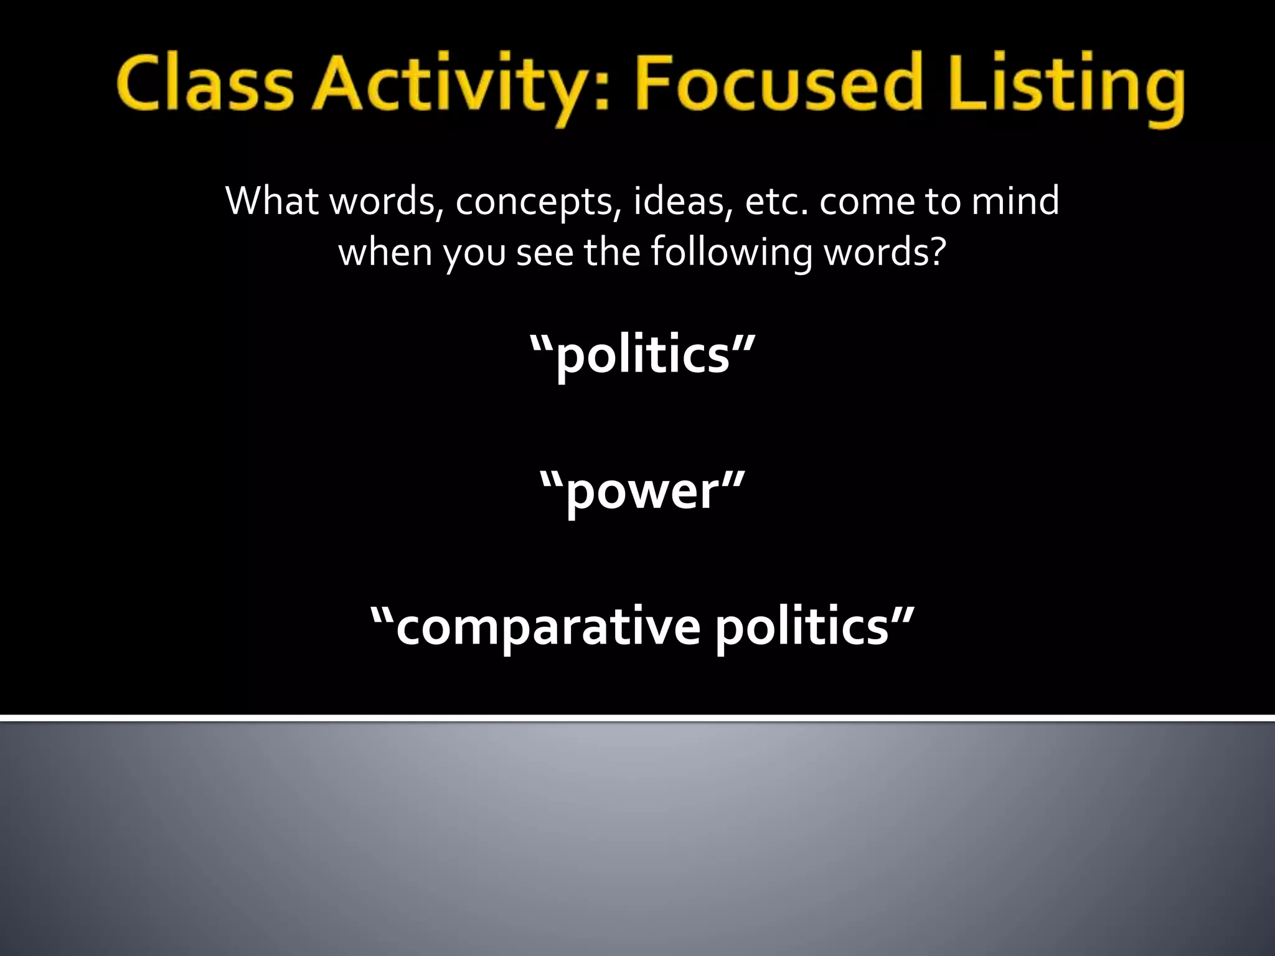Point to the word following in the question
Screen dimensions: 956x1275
[732, 254]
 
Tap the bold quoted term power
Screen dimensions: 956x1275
[642, 491]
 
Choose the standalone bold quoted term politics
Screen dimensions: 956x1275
[642, 355]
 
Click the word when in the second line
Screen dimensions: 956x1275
[385, 253]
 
